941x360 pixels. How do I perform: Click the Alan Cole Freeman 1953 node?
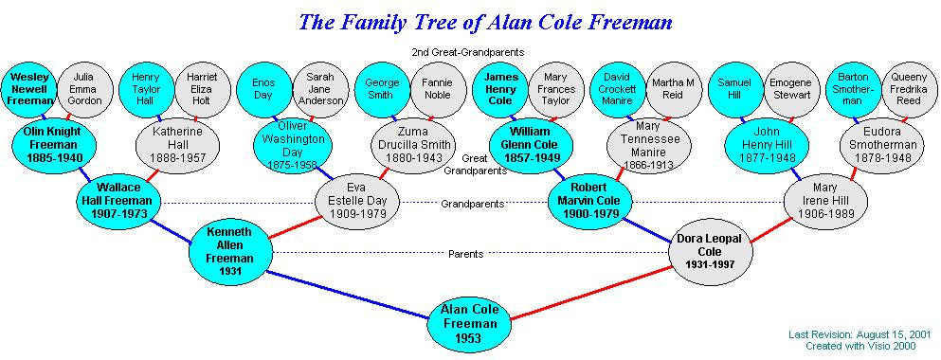(x=470, y=322)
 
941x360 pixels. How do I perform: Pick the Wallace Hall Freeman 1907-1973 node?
(x=118, y=201)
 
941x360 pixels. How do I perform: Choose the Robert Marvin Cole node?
(x=589, y=201)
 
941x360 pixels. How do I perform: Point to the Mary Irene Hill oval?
(x=825, y=201)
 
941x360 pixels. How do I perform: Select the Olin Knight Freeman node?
(x=55, y=143)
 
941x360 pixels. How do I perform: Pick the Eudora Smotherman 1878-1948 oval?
(x=882, y=143)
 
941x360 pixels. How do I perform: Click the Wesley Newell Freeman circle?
(x=29, y=89)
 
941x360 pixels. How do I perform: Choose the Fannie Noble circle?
(x=435, y=89)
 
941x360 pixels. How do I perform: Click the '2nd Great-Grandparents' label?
(x=469, y=51)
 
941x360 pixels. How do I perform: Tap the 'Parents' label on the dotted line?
(x=465, y=254)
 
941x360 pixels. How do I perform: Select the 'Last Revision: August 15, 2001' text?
(x=860, y=335)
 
